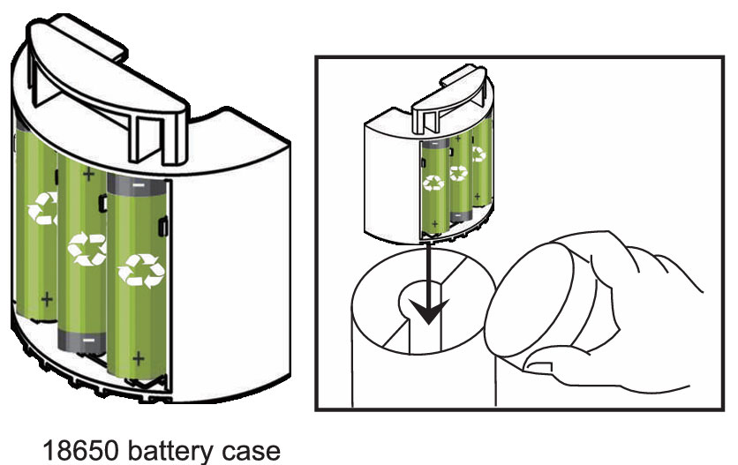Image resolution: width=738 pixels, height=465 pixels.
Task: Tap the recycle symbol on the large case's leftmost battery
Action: coord(41,209)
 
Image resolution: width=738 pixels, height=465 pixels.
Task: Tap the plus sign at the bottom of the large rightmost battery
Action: coord(137,359)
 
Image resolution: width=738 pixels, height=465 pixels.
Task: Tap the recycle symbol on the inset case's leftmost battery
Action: coord(434,183)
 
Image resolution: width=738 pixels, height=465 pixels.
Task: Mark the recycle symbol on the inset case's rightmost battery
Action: coord(478,154)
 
